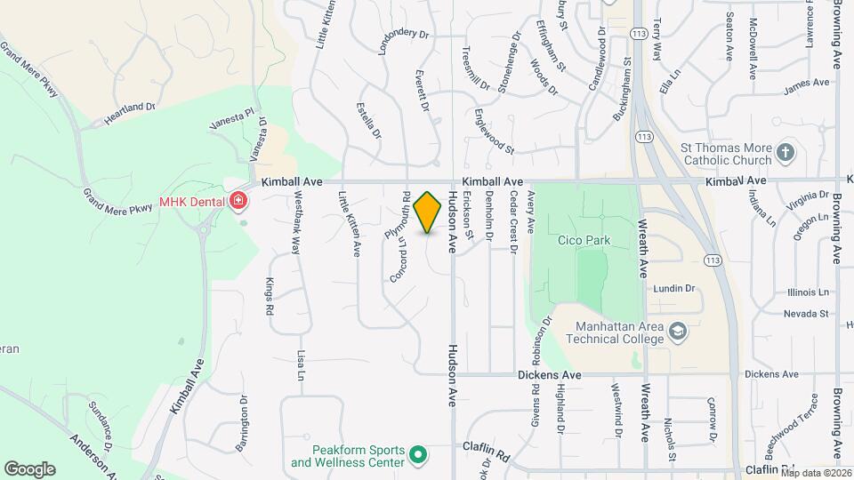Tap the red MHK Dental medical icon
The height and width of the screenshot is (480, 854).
click(x=237, y=202)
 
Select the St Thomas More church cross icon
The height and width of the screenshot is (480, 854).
click(x=785, y=153)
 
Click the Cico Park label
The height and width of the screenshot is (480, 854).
click(x=582, y=240)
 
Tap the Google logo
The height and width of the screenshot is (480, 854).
click(x=29, y=468)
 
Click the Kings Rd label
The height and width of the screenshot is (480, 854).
click(x=269, y=297)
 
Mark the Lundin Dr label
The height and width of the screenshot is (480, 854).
click(x=673, y=288)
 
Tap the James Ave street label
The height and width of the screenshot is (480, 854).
click(x=806, y=89)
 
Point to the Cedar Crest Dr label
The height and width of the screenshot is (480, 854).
click(x=513, y=225)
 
